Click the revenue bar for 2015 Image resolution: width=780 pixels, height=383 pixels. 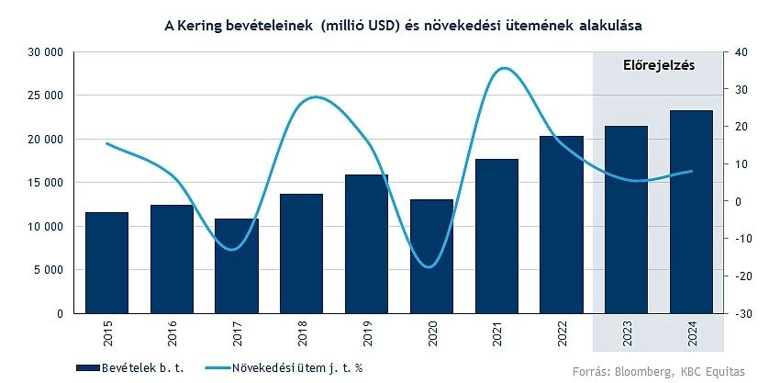click(106, 263)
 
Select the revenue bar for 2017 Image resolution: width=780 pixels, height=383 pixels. click(237, 265)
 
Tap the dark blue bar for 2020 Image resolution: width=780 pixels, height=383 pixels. click(431, 256)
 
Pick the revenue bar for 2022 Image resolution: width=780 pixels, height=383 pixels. click(562, 224)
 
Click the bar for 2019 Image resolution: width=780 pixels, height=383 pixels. click(367, 243)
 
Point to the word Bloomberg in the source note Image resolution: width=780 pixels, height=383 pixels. click(648, 372)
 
